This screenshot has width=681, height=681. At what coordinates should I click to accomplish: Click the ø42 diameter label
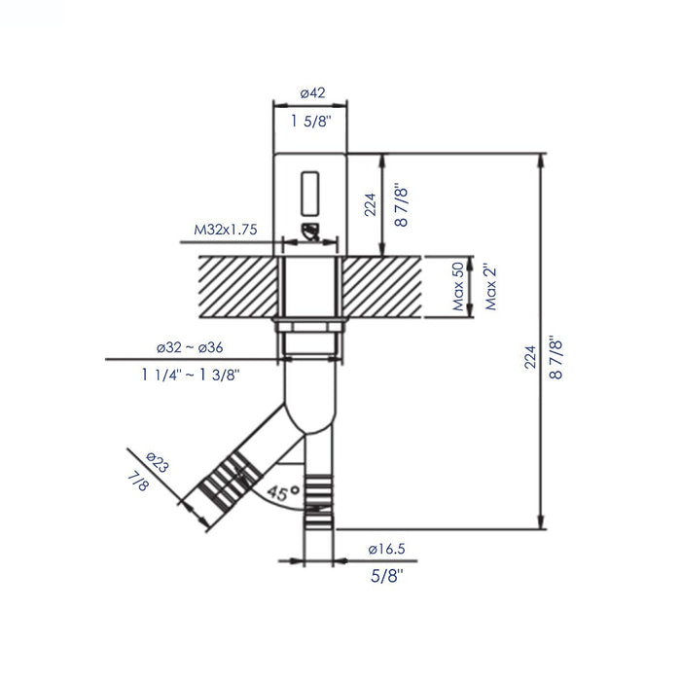point(311,92)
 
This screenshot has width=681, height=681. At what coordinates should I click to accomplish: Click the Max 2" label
point(492,286)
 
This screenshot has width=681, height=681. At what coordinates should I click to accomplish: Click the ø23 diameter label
point(157,461)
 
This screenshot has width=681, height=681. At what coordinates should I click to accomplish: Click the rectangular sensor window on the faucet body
point(311,192)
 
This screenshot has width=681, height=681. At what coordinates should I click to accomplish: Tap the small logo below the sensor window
point(311,232)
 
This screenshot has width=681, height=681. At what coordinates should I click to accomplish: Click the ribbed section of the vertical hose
point(318,492)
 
